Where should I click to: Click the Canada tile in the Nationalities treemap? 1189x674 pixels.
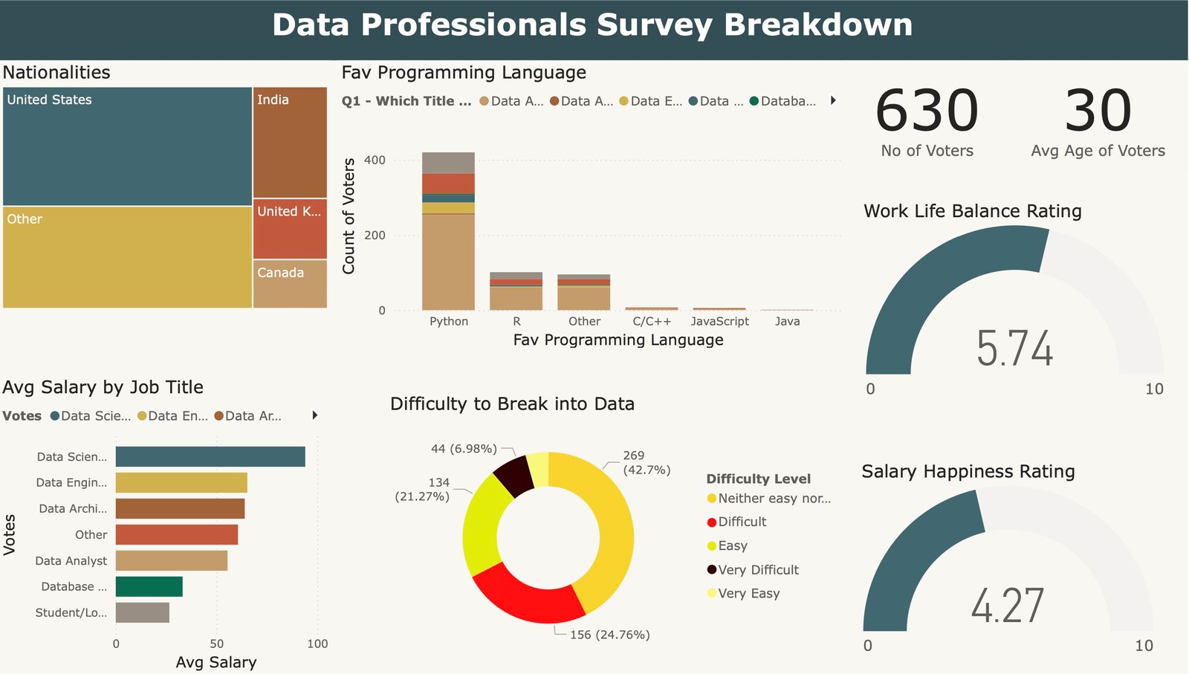point(290,283)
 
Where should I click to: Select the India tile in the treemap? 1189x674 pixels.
point(290,142)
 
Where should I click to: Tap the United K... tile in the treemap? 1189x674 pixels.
point(290,228)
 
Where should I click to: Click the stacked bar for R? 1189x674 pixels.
point(516,291)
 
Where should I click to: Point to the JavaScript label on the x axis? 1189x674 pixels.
point(719,321)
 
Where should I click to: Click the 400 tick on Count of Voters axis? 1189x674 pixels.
point(375,160)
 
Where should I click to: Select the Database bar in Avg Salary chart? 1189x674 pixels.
point(149,586)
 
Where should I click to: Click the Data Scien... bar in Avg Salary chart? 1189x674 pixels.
point(210,456)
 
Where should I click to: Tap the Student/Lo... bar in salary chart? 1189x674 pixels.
point(142,612)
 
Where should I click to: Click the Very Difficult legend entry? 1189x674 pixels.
point(758,570)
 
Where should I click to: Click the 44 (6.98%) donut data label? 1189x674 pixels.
point(464,449)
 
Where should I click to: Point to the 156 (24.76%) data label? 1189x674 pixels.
point(609,635)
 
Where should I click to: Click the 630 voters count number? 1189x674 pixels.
point(927,111)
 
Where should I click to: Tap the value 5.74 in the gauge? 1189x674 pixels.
point(1014,348)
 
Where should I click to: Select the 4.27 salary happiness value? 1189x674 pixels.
point(1007,605)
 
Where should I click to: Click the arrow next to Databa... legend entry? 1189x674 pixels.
point(833,100)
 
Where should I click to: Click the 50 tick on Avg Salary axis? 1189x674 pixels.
point(216,644)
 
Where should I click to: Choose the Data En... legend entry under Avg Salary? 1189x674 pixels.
point(177,416)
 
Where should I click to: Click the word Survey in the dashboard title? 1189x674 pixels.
point(654,25)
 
